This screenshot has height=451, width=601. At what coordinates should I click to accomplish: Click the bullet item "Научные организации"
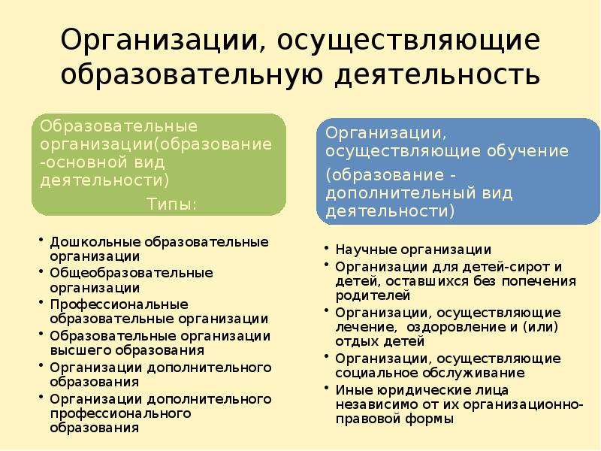point(413,250)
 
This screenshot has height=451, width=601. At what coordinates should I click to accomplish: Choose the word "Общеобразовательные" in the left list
point(131,273)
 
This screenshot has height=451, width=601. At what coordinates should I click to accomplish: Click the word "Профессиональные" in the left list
point(108,304)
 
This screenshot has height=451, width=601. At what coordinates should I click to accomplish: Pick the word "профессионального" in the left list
point(121,413)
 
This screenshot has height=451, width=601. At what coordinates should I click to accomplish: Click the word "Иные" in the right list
point(350,389)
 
